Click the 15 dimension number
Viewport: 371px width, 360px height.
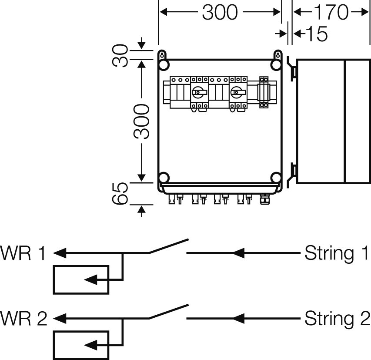tap(316, 34)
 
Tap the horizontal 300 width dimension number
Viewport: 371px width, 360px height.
tap(220, 13)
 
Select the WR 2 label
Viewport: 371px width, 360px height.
tap(24, 319)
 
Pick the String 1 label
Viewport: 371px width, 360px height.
tap(336, 252)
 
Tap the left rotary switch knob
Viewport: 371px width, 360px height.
tap(199, 92)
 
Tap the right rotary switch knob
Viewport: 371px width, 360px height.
tap(237, 92)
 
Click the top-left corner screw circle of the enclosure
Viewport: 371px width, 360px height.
tap(164, 65)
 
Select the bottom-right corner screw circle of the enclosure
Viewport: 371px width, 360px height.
tap(276, 178)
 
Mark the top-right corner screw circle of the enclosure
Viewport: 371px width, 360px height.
tap(276, 65)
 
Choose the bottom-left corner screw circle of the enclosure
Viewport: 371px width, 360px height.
tap(164, 178)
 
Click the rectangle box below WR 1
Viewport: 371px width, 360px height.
tap(81, 279)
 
